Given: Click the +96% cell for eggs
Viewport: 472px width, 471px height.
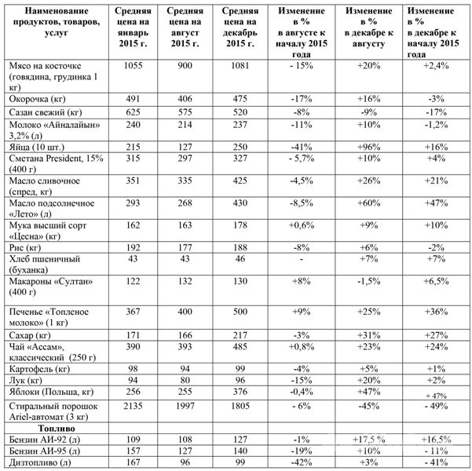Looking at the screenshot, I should pyautogui.click(x=368, y=147).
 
